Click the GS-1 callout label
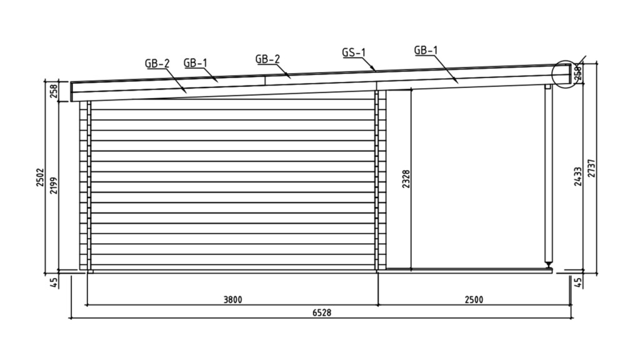[353, 52]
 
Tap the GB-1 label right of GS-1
[426, 50]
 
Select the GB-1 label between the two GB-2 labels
[196, 62]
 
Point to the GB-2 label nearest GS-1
[267, 59]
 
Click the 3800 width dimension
[232, 299]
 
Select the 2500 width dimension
[474, 299]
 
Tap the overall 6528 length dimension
[321, 312]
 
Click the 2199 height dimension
[54, 186]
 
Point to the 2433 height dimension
[579, 177]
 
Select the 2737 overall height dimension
[591, 167]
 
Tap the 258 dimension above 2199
[54, 92]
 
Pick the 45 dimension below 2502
[54, 282]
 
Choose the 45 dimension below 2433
[578, 282]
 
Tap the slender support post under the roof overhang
[549, 175]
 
